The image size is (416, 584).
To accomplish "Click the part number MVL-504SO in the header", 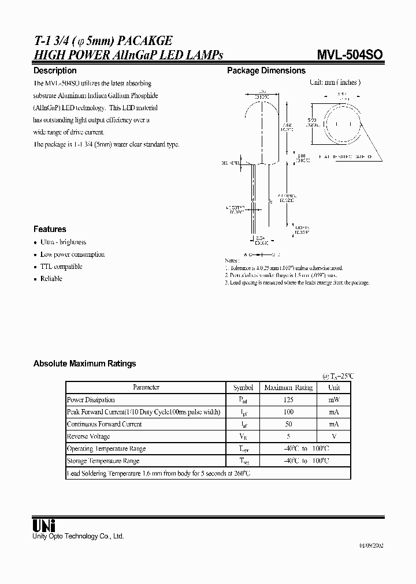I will point(348,55).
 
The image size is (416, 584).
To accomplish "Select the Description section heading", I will point(55,70).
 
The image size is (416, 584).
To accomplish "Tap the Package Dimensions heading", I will point(266,70).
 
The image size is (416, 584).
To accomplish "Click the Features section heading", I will point(50,229).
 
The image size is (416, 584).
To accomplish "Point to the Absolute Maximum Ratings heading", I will point(85,364).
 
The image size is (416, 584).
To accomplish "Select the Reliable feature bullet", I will point(51,279).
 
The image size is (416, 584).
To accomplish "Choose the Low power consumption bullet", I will point(72,254).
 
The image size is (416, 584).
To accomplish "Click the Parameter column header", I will point(146,388).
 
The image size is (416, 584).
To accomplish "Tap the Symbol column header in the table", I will point(243,388).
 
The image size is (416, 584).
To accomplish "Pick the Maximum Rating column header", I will point(288,388).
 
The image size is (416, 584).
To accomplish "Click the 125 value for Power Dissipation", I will point(288,400).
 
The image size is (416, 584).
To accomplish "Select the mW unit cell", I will point(334,400).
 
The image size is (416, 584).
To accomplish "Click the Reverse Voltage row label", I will point(88,436).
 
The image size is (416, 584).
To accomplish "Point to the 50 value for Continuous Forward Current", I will point(288,424).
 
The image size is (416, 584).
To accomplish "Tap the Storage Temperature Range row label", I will point(103,461).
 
